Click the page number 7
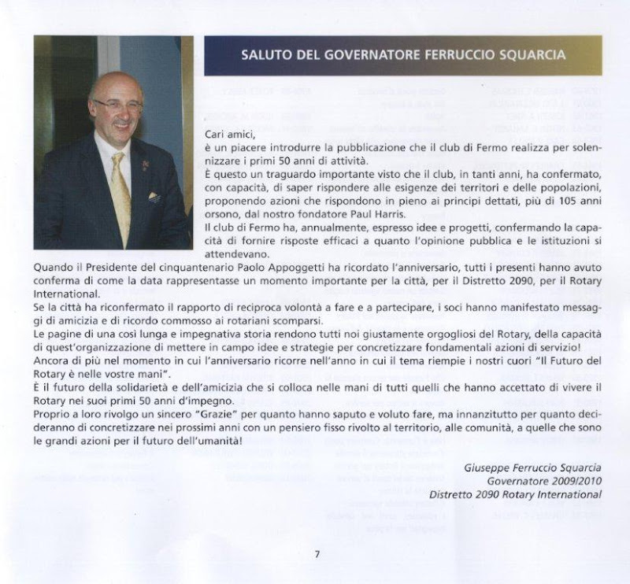tap(316, 553)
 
